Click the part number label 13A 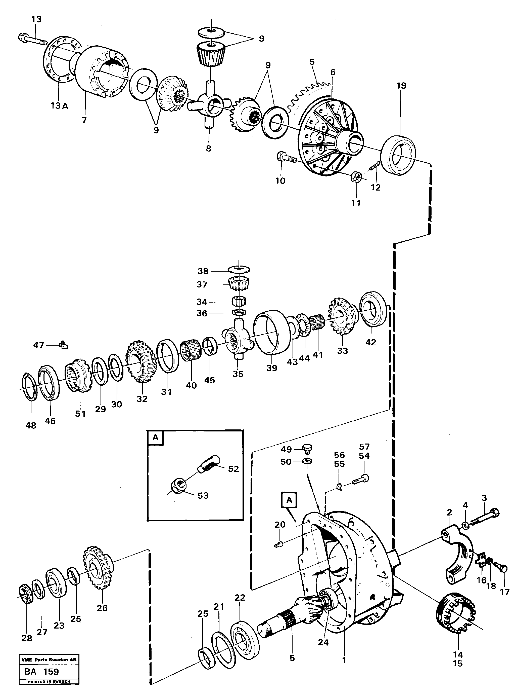59,106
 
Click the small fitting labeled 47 64,345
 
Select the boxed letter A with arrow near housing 289,500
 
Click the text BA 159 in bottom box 41,672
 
